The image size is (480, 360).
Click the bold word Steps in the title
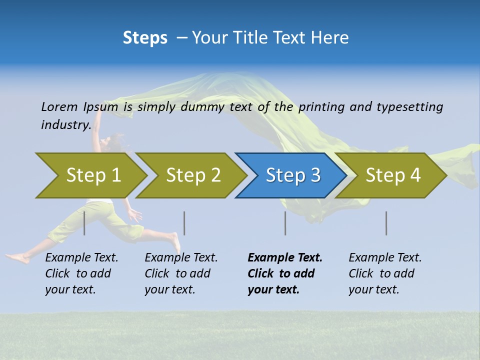pos(145,38)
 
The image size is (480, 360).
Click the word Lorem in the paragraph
pos(59,106)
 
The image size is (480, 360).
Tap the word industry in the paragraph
pos(65,124)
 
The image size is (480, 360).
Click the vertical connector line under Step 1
pos(84,223)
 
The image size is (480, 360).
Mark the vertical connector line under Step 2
pos(184,223)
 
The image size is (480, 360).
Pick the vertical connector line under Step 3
pos(285,223)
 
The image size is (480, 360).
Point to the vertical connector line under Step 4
pos(386,223)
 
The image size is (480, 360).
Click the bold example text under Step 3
pos(285,273)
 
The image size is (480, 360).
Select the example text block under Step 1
pos(81,273)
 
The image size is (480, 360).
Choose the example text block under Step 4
pos(385,273)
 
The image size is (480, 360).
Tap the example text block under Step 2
pos(181,273)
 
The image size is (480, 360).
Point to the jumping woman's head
pos(112,142)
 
